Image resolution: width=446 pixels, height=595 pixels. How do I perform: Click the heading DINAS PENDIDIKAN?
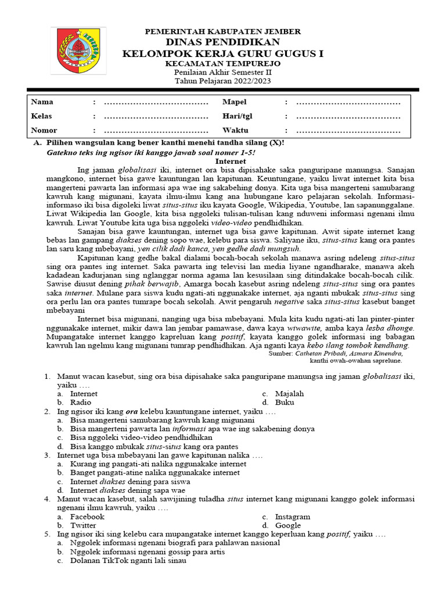(223, 42)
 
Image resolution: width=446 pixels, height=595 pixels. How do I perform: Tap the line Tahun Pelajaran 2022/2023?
(223, 81)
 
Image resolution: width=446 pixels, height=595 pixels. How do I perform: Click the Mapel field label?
(235, 102)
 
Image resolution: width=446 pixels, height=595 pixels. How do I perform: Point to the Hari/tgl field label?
(238, 116)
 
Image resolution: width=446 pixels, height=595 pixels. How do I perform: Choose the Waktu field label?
(235, 130)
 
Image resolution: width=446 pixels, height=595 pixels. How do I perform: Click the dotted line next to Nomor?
(156, 131)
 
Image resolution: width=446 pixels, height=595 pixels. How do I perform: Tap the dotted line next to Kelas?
(156, 117)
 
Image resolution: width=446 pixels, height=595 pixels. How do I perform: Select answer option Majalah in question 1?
(289, 393)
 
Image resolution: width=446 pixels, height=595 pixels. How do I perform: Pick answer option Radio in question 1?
(81, 402)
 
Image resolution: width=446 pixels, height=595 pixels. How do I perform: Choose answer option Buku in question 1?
(285, 402)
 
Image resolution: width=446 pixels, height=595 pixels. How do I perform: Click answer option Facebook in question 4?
(87, 517)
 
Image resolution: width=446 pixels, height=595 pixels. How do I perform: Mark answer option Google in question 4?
(288, 525)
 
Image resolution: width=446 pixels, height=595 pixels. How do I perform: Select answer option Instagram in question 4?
(293, 517)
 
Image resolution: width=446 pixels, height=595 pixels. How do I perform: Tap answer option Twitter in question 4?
(83, 525)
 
